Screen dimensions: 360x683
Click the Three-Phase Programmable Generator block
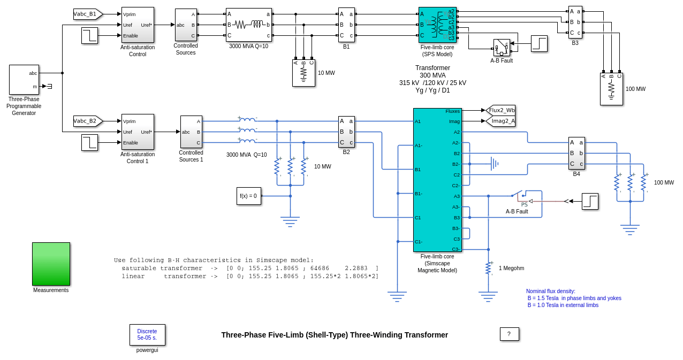[x=24, y=80]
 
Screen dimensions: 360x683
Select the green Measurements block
[x=51, y=264]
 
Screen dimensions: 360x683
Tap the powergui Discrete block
[x=147, y=335]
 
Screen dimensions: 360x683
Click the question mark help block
[x=509, y=334]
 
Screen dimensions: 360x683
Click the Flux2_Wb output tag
[x=501, y=110]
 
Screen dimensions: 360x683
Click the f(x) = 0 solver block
[x=248, y=196]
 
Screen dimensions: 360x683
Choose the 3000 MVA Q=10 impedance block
[x=248, y=25]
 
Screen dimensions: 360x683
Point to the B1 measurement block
[x=346, y=25]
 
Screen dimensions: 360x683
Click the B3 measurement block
[x=575, y=22]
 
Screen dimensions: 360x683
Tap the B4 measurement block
[x=576, y=153]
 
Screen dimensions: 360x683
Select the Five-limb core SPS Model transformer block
[x=437, y=25]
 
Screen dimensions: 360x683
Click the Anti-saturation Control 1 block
[x=138, y=132]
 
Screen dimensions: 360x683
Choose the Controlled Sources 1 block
[x=191, y=132]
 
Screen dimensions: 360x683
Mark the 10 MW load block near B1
[x=303, y=73]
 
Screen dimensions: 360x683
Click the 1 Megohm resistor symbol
[x=488, y=268]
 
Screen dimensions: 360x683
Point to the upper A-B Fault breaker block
[x=502, y=48]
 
